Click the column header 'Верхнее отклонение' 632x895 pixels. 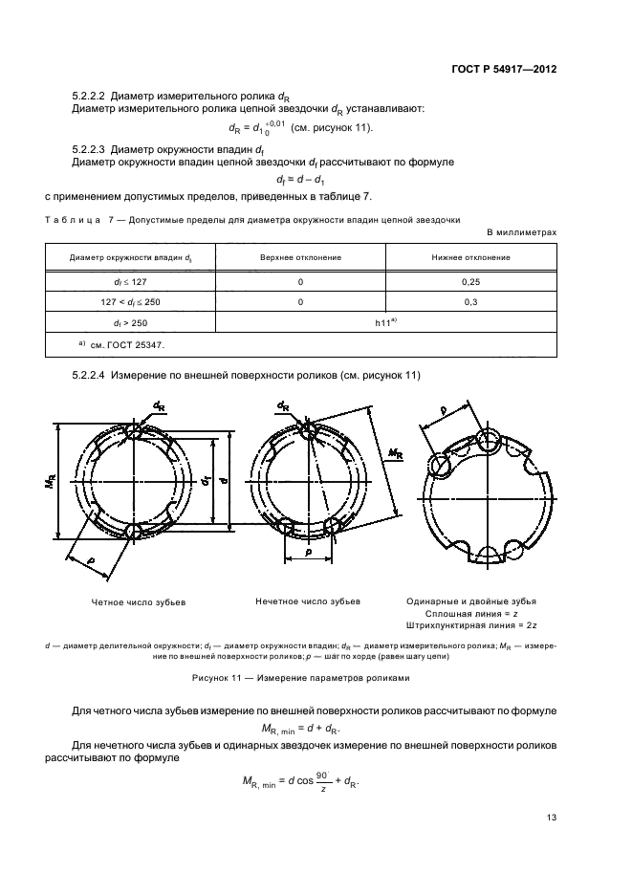(300, 258)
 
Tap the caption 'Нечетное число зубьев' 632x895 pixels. (308, 602)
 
